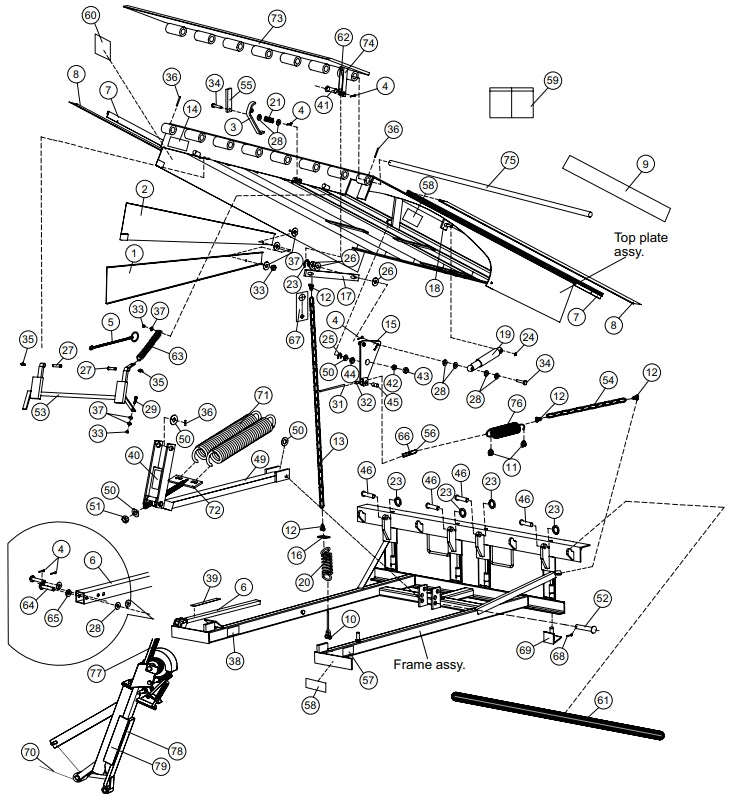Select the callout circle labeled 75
509,160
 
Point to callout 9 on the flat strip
645,162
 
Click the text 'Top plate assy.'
641,245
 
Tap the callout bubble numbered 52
602,597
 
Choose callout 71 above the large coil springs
262,393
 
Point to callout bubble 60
91,16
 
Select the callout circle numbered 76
516,403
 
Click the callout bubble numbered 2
145,189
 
